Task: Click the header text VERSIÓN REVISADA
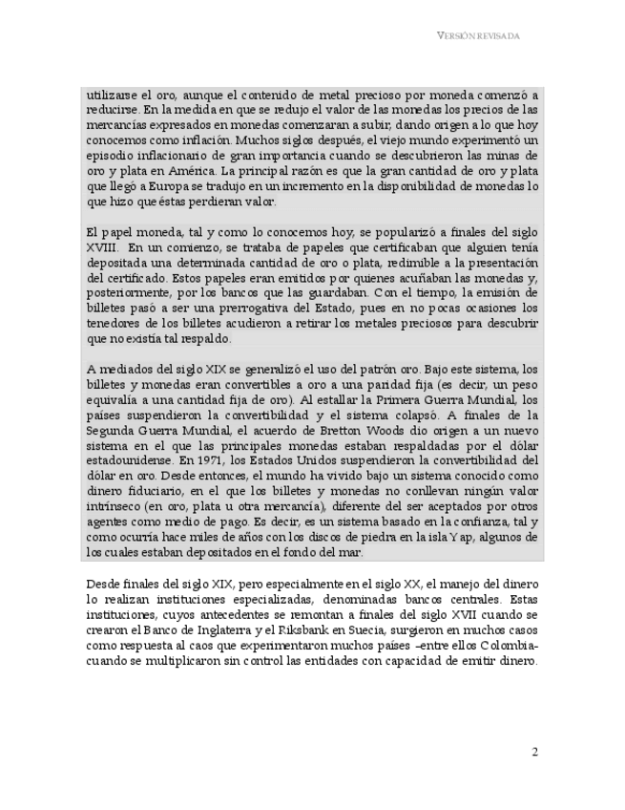478,35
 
